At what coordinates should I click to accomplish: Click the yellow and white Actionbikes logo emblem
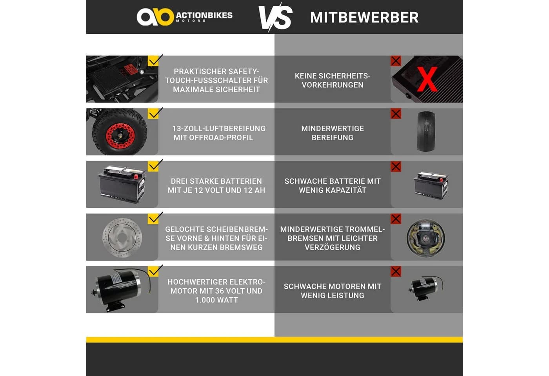pyautogui.click(x=155, y=16)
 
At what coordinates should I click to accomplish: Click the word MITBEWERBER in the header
pyautogui.click(x=364, y=17)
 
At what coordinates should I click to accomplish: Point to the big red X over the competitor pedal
pyautogui.click(x=427, y=79)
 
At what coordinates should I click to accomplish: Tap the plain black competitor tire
pyautogui.click(x=426, y=131)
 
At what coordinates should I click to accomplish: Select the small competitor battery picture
pyautogui.click(x=431, y=185)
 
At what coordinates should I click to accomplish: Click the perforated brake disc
pyautogui.click(x=122, y=237)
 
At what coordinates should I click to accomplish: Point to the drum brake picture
pyautogui.click(x=426, y=238)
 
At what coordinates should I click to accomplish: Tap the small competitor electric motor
pyautogui.click(x=425, y=288)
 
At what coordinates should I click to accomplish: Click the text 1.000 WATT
pyautogui.click(x=216, y=300)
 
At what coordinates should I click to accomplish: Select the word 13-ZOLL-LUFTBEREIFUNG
pyautogui.click(x=219, y=128)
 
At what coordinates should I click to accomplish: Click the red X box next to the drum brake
pyautogui.click(x=396, y=219)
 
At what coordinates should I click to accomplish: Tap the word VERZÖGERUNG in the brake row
pyautogui.click(x=333, y=247)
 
